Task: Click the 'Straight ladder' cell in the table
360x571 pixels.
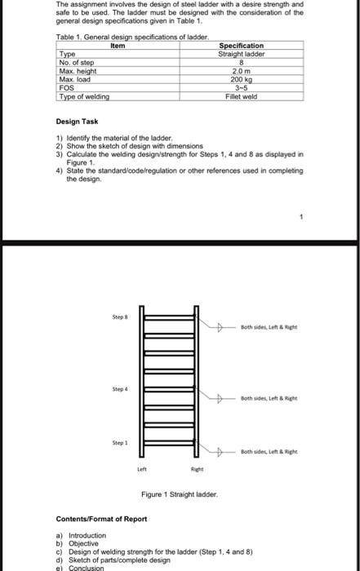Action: click(x=241, y=54)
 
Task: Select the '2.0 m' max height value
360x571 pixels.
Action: click(x=241, y=69)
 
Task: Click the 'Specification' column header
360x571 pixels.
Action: click(x=241, y=46)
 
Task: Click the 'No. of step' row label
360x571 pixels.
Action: click(x=77, y=62)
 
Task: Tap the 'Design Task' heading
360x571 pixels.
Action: click(x=78, y=121)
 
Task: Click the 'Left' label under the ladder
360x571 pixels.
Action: click(x=141, y=469)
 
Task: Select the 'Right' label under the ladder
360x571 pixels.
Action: click(x=196, y=469)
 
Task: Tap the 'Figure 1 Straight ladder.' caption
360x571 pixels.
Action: click(x=179, y=494)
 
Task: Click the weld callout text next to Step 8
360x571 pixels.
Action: click(x=269, y=327)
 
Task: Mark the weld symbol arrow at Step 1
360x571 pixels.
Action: click(x=221, y=451)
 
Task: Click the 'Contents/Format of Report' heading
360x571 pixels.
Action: click(x=101, y=519)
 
